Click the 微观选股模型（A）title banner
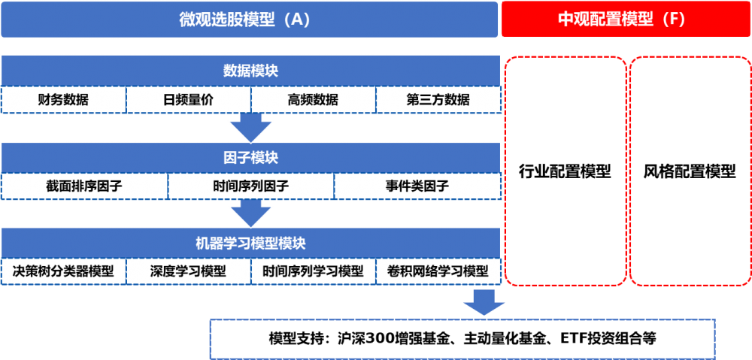(249, 20)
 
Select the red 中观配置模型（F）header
(626, 20)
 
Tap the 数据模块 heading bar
(250, 71)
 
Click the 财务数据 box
(63, 99)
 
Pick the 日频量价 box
(188, 99)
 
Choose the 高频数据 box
(313, 99)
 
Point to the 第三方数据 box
(438, 99)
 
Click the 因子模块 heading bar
(250, 158)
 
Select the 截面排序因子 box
(84, 186)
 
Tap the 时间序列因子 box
(250, 186)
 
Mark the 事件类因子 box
(417, 186)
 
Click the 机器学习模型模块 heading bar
(250, 244)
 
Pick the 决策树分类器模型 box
(63, 271)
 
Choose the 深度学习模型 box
(188, 271)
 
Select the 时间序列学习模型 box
(313, 271)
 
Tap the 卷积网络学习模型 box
(438, 271)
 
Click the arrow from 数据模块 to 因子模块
(250, 128)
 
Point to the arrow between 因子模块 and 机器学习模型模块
(250, 214)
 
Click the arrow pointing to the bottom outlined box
(484, 302)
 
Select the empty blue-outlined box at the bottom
(462, 339)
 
